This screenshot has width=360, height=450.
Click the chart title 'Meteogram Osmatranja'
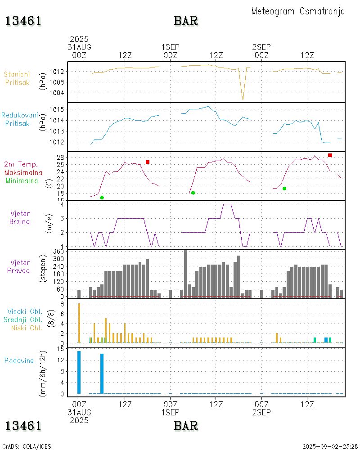click(x=298, y=11)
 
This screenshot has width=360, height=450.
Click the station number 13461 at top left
click(x=23, y=21)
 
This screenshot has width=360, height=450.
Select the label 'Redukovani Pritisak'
click(x=20, y=119)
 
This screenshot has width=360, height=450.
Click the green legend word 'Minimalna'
click(x=24, y=180)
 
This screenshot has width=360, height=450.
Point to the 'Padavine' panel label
click(x=19, y=360)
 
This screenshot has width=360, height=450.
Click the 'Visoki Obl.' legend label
click(x=24, y=311)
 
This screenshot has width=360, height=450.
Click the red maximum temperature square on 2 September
click(x=330, y=155)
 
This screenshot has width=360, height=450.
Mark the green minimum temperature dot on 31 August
click(x=102, y=198)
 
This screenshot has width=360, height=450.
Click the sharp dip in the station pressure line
click(x=243, y=98)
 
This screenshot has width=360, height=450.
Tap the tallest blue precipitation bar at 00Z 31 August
click(x=79, y=372)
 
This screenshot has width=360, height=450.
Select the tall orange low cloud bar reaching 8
click(x=79, y=323)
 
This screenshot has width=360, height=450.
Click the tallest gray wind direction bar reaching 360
click(x=185, y=274)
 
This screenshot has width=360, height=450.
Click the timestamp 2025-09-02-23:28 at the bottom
click(x=330, y=446)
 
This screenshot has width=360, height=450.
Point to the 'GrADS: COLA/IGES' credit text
click(x=27, y=446)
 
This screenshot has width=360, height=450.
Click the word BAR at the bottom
click(x=186, y=426)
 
